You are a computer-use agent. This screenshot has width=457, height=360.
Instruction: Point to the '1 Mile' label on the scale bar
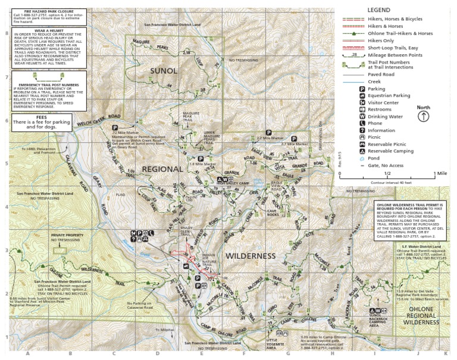[440, 173]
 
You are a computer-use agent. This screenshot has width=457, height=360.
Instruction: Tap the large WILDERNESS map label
[251, 256]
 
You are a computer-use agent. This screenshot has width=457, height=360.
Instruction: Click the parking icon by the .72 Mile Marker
[114, 127]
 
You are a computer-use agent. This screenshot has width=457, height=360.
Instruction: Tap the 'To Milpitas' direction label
[162, 329]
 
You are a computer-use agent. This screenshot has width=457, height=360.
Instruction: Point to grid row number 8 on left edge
[7, 33]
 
